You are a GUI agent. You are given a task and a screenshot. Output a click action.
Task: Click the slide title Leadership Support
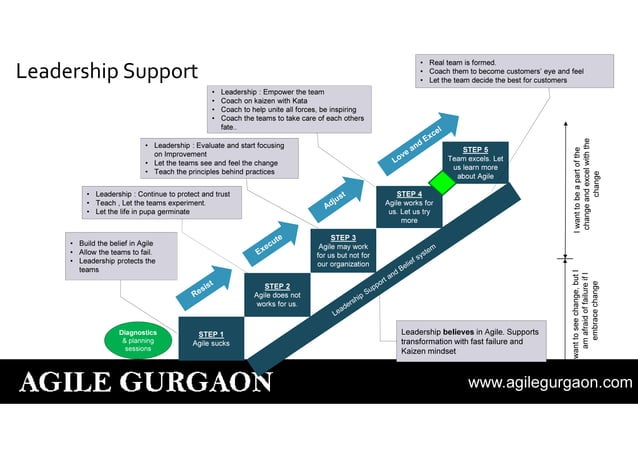107,72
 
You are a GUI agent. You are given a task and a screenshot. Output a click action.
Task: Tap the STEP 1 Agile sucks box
211,338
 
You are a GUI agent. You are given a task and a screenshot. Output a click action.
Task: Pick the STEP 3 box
343,251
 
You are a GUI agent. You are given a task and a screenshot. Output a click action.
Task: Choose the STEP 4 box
409,207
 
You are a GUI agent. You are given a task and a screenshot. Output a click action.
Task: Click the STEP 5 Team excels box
475,162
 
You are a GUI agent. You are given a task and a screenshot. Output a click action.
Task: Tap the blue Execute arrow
271,241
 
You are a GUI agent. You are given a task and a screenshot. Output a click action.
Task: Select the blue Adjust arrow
337,198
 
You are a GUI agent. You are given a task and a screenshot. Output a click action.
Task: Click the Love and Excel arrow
418,145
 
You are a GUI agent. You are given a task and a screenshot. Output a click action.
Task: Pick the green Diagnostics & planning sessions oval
137,340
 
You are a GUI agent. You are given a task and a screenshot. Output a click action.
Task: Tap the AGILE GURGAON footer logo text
146,382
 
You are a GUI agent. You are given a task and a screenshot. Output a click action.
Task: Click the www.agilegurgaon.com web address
550,382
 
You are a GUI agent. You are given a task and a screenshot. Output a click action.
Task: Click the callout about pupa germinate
162,202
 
